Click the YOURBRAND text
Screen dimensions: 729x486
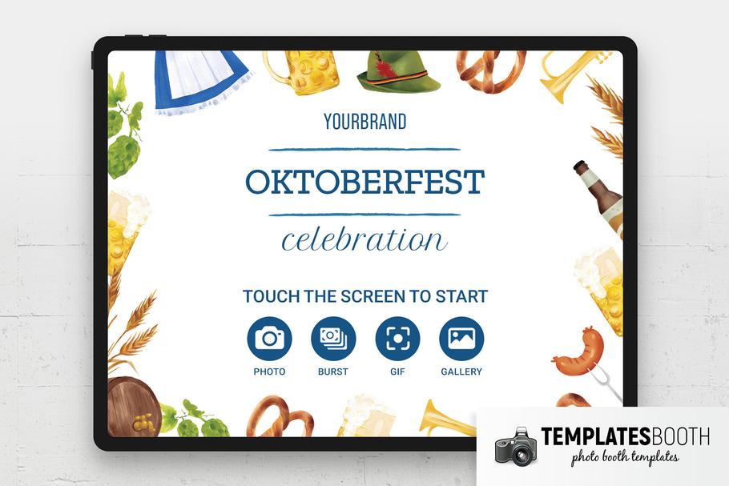click(365, 122)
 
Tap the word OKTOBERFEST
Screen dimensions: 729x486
click(365, 182)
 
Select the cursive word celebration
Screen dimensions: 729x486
click(364, 239)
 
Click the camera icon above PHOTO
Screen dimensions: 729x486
click(270, 339)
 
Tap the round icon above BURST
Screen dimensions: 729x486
click(333, 339)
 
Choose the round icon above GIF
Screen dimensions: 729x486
click(397, 339)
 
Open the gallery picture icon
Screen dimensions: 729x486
click(461, 339)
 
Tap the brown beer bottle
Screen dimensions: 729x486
click(599, 198)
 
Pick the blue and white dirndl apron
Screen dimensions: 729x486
click(201, 81)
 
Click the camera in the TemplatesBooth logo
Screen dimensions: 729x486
click(516, 447)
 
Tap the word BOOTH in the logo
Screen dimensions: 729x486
click(680, 436)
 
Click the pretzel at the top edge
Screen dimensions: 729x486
click(491, 71)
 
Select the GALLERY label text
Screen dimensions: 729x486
click(461, 372)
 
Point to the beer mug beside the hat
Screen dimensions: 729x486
click(302, 71)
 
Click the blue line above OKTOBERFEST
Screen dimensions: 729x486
click(364, 150)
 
